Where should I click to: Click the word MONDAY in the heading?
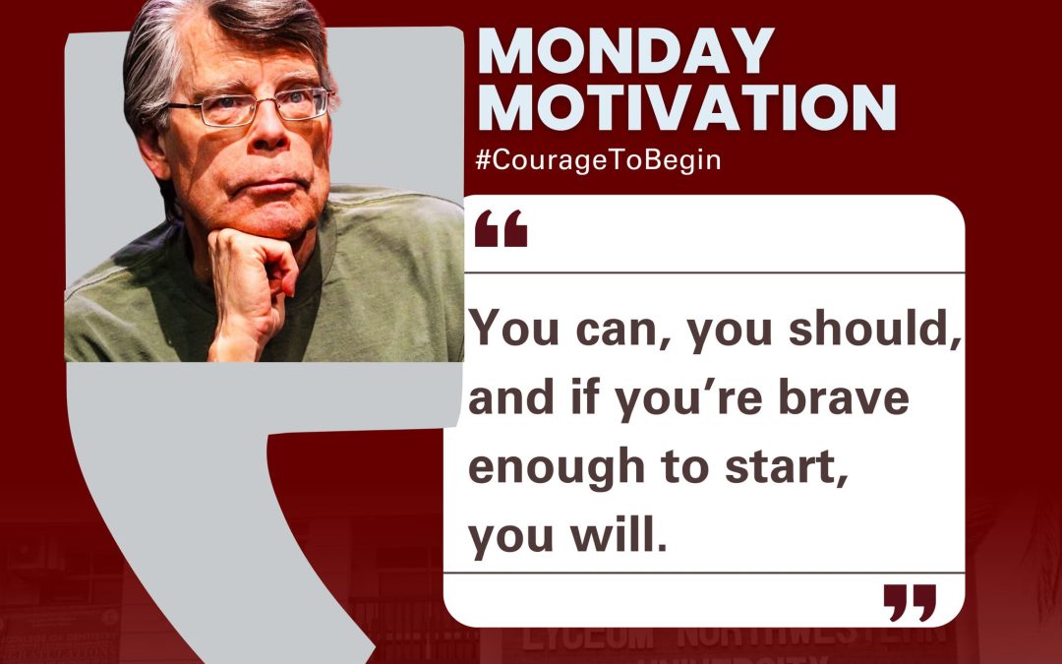click(625, 51)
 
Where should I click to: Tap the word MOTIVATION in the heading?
click(685, 107)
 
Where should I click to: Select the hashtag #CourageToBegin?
click(598, 159)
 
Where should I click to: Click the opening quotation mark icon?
click(501, 229)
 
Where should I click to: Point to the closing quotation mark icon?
click(909, 602)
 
